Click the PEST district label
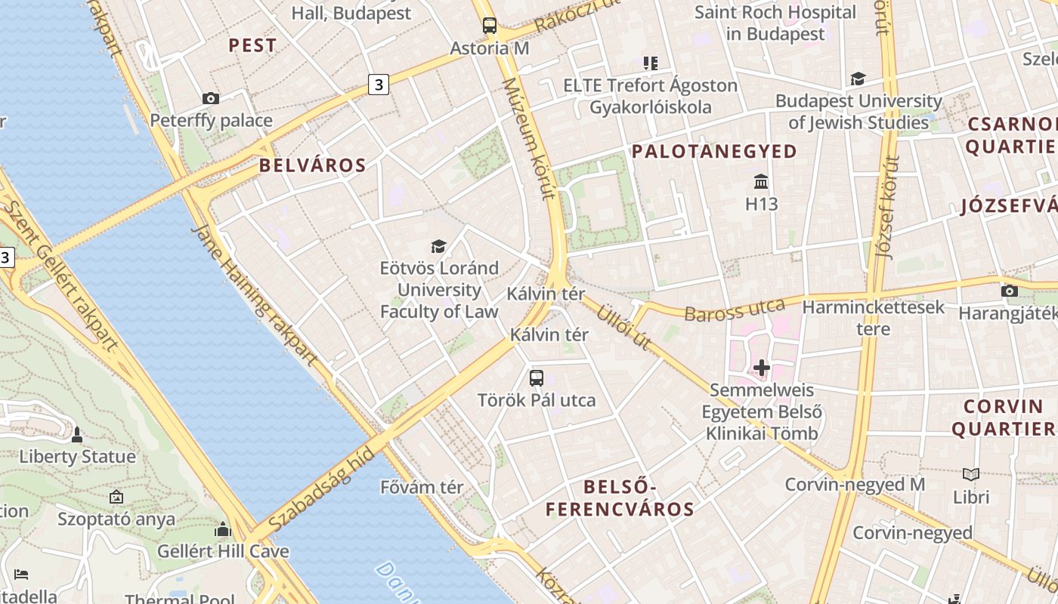click(x=252, y=45)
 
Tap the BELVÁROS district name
click(x=312, y=165)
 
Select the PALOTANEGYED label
click(x=714, y=152)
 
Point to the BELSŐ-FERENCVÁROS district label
click(x=620, y=498)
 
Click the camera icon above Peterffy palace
click(x=211, y=98)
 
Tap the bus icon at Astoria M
click(x=490, y=26)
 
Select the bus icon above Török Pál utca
click(x=537, y=378)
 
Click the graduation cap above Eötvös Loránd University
click(x=438, y=246)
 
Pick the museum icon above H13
click(x=761, y=182)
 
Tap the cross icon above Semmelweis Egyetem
click(x=761, y=368)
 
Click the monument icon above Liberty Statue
click(x=77, y=435)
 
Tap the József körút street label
click(x=888, y=208)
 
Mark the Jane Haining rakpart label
click(x=253, y=294)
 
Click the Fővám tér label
click(x=422, y=487)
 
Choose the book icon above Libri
click(x=971, y=474)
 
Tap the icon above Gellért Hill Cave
click(x=222, y=529)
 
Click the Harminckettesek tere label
click(x=873, y=318)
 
